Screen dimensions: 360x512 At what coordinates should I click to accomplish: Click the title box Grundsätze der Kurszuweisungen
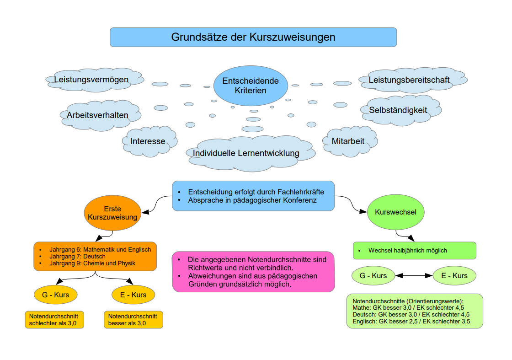253,37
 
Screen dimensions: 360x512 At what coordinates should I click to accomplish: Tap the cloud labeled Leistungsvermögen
91,80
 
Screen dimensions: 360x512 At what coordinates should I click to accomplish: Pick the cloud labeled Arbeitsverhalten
97,115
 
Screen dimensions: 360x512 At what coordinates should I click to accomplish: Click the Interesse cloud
148,141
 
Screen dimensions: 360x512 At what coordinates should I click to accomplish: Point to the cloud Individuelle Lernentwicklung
246,153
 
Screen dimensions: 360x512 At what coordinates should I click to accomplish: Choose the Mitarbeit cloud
348,141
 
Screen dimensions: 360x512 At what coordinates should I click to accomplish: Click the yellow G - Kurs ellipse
55,295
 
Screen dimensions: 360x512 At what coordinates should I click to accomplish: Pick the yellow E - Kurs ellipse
133,295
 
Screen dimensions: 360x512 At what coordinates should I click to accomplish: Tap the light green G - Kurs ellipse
373,276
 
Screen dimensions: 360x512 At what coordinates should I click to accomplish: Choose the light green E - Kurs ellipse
454,276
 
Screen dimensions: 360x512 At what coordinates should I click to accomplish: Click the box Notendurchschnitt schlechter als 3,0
53,320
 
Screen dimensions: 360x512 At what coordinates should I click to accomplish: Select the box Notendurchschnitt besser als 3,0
133,320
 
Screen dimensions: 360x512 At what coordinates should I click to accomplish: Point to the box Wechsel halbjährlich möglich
414,251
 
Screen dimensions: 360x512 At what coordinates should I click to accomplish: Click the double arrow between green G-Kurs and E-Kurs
414,276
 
